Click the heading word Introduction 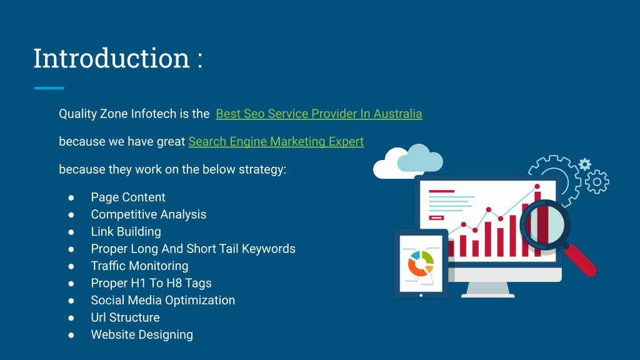click(x=111, y=58)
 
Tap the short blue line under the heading click(x=49, y=87)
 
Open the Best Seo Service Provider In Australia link click(x=319, y=114)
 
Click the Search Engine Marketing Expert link click(x=276, y=142)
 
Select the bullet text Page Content click(x=128, y=197)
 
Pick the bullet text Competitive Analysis click(x=149, y=214)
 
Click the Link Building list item click(x=126, y=231)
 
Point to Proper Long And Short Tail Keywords click(x=193, y=249)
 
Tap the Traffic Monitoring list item click(x=139, y=266)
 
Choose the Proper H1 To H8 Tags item click(x=151, y=283)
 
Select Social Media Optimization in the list click(x=163, y=300)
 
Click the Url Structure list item click(x=125, y=317)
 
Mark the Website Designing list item click(x=142, y=335)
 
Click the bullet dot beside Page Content click(x=71, y=197)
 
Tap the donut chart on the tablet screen click(x=421, y=264)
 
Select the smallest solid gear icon click(x=585, y=164)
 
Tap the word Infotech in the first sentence click(x=150, y=114)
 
